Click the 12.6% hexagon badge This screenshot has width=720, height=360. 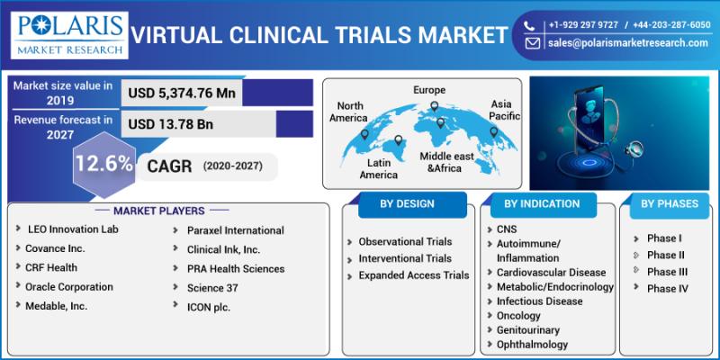[x=104, y=165]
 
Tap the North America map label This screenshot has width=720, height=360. [x=347, y=112]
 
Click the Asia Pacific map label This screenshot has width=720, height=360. [x=506, y=111]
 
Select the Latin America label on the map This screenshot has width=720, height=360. [x=378, y=168]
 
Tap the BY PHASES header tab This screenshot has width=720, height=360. [x=669, y=204]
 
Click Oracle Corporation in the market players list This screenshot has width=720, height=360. [x=69, y=287]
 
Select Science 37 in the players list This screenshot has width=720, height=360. [x=214, y=288]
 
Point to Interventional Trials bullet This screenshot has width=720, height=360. [x=405, y=258]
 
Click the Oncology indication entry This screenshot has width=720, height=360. [x=519, y=316]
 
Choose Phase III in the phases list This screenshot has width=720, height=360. [x=667, y=271]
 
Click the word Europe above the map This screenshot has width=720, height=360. [x=429, y=90]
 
